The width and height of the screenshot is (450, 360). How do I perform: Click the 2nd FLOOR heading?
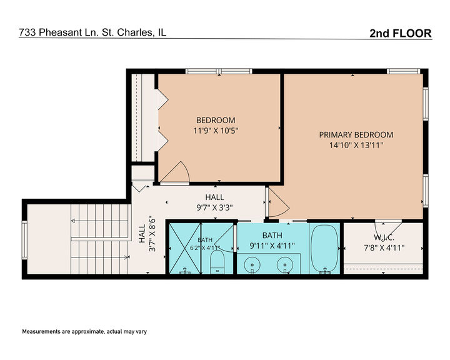click(401, 33)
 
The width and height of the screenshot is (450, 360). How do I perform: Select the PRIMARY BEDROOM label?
click(356, 134)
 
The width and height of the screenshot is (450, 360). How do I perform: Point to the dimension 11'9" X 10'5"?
click(216, 131)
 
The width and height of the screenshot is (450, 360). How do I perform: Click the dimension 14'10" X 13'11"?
click(356, 145)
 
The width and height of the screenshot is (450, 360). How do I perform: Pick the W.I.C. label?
click(384, 237)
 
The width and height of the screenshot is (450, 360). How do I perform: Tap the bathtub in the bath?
click(324, 249)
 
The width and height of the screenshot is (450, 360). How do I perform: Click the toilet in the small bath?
click(217, 262)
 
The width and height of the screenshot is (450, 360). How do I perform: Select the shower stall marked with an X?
click(185, 249)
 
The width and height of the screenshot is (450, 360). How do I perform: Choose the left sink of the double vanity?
click(252, 264)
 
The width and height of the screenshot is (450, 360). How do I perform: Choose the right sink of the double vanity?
click(285, 264)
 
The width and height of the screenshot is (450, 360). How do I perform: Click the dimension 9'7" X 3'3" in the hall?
click(214, 207)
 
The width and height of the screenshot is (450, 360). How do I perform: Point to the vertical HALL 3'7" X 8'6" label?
click(147, 234)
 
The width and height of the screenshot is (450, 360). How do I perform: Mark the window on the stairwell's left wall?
click(24, 240)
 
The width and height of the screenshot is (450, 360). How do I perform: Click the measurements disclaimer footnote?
click(84, 332)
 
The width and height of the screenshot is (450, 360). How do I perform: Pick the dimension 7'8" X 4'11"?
click(384, 247)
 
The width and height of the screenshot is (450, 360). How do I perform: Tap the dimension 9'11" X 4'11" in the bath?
click(272, 246)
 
